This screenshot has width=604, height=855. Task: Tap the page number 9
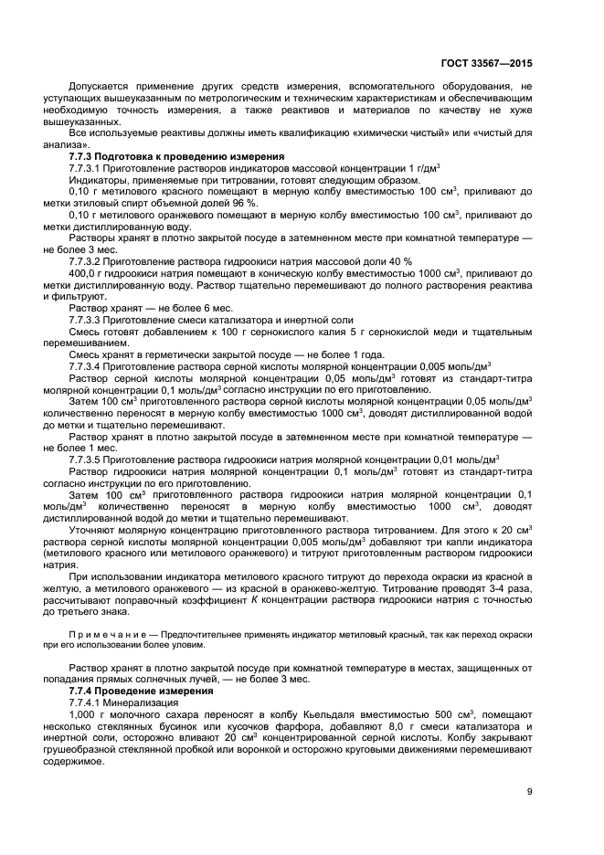pos(528,791)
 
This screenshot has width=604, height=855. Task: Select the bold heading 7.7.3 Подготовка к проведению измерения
pos(175,156)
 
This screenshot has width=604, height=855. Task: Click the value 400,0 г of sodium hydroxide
pos(85,273)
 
